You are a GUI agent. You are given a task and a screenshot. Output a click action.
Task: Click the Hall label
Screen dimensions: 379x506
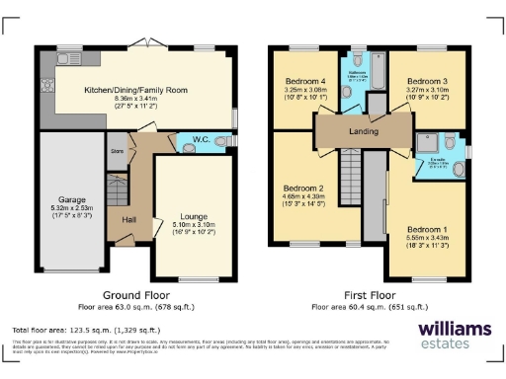click(x=128, y=220)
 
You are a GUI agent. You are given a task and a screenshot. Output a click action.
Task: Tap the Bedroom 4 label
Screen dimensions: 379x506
click(x=307, y=81)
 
